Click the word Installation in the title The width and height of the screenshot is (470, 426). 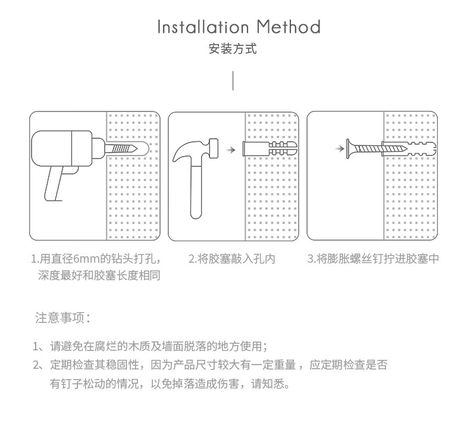[203, 27]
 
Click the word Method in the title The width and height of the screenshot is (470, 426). [289, 27]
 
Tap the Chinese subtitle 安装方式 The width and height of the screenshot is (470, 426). [233, 49]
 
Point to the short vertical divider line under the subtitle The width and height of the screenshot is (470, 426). [233, 81]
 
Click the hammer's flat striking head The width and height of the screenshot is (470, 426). [214, 148]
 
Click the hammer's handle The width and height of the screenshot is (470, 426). [196, 192]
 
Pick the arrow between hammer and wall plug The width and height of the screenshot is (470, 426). [230, 150]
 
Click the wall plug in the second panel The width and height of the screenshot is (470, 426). [270, 148]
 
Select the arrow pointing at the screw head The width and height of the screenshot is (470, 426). [340, 148]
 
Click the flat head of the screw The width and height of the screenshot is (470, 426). [349, 148]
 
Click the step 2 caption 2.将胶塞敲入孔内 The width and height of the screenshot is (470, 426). [231, 259]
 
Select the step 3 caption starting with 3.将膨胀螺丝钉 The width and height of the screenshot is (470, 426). [373, 259]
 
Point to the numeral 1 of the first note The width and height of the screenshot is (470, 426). [35, 347]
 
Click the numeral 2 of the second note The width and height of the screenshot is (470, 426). [36, 365]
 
